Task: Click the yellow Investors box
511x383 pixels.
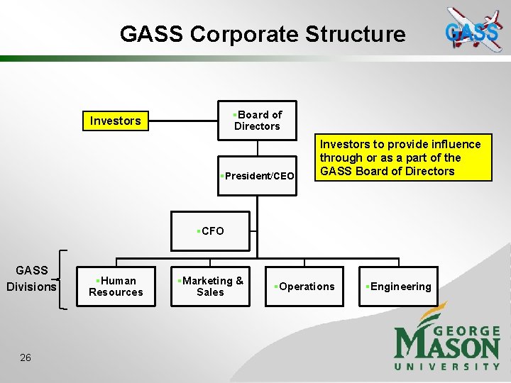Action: click(116, 121)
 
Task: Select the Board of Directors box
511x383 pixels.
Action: click(257, 121)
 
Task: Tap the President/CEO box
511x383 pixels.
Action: click(257, 175)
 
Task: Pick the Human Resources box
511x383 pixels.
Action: click(116, 287)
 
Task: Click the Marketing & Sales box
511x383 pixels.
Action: click(210, 287)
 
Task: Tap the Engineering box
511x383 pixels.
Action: click(398, 287)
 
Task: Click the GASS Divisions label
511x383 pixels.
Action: click(31, 278)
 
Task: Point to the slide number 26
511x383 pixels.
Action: click(26, 357)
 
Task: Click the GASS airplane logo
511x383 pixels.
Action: click(473, 30)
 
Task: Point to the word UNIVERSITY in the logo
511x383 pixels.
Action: click(447, 366)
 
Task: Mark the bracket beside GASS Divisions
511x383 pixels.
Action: click(65, 279)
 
